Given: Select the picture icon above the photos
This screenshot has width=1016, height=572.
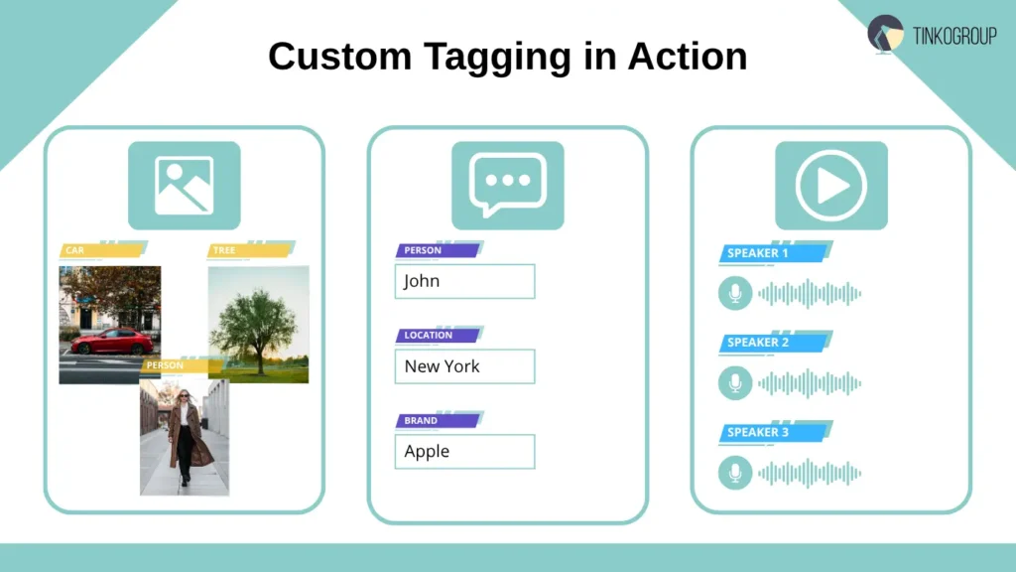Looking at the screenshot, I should [x=184, y=186].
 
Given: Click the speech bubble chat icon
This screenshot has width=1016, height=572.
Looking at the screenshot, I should [x=507, y=185].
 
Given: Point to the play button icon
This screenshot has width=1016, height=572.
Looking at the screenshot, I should [x=830, y=186].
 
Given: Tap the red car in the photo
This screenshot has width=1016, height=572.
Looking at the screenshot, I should [x=112, y=342].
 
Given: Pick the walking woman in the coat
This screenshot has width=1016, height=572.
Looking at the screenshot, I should [x=185, y=437].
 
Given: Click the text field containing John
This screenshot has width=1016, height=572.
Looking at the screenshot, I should [x=464, y=281].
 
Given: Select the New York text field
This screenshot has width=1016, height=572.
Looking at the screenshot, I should [x=464, y=366].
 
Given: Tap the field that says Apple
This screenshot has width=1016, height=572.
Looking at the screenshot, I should [x=464, y=451].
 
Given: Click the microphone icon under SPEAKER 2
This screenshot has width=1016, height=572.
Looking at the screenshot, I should [x=735, y=383].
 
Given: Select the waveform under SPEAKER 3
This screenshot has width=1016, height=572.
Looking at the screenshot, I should [x=810, y=473].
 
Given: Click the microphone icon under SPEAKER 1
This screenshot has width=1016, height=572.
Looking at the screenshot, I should [x=735, y=294].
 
